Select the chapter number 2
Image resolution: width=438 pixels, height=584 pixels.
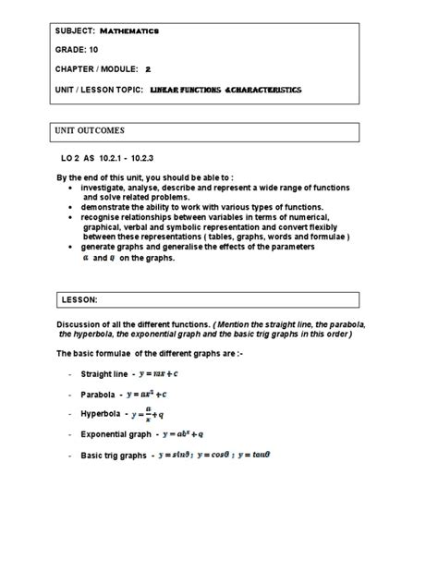point(148,69)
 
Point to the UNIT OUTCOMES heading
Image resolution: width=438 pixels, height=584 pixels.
point(95,130)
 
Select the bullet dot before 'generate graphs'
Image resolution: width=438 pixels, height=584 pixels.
point(70,248)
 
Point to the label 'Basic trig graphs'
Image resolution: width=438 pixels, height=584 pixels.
point(115,456)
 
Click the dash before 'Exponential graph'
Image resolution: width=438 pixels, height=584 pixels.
point(70,434)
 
